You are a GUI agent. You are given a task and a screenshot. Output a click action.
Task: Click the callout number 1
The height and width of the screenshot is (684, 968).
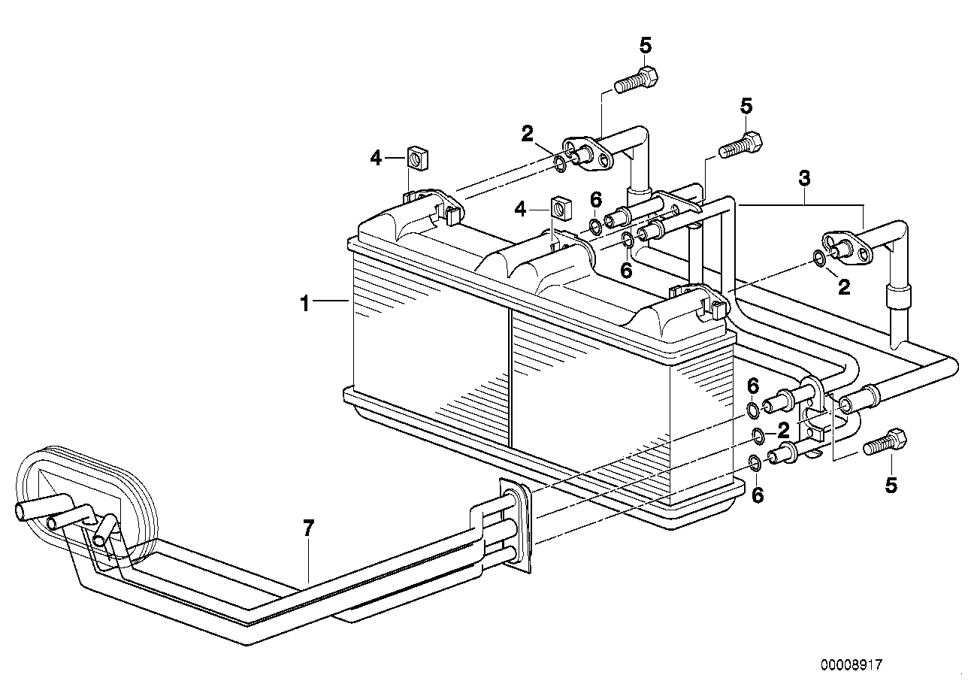304,304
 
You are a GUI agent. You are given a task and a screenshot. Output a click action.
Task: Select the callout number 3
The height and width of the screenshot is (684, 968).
804,180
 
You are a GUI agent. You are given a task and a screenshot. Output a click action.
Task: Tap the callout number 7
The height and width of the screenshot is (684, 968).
307,529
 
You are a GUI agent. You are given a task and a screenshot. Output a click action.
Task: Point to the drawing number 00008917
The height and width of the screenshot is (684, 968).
851,664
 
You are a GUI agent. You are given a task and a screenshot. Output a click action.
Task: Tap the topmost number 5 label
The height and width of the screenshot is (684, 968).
646,46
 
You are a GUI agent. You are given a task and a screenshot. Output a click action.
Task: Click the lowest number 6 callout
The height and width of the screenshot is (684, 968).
758,495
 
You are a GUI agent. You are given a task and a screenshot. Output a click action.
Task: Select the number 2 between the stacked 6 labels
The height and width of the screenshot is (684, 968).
782,431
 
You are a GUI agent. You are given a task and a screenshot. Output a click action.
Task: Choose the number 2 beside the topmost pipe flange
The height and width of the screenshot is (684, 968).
528,135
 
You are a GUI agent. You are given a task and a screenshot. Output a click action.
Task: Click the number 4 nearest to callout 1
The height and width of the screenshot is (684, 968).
376,158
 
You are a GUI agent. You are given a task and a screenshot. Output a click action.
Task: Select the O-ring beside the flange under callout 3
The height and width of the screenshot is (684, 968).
818,259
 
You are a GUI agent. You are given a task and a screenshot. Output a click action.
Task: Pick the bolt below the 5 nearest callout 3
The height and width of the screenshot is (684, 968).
741,144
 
